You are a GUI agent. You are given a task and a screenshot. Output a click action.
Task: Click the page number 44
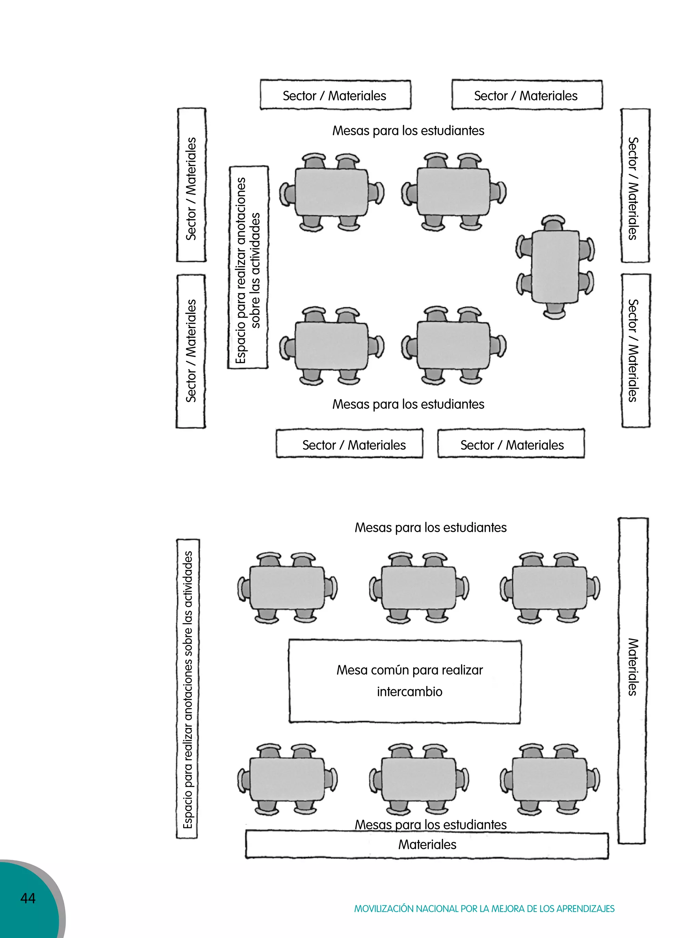pos(28,898)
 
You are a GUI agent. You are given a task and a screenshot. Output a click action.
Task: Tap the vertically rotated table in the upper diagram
pos(555,267)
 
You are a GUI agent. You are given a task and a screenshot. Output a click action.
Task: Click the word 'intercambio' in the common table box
pos(409,692)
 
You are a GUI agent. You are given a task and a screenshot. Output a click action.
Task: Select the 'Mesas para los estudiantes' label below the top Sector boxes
pos(408,130)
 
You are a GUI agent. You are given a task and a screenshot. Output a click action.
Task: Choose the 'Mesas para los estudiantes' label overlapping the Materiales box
pos(431,825)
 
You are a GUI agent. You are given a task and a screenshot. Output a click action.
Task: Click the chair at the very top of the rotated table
pos(553,222)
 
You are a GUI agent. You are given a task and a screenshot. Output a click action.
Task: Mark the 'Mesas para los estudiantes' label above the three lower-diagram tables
pos(431,528)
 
